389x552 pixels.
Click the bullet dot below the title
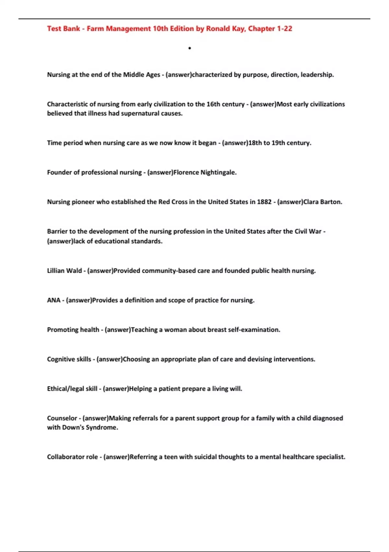190,48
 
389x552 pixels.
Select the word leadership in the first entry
317,75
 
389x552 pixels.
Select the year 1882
264,202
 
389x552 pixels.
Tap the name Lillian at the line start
56,271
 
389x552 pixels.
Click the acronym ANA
53,300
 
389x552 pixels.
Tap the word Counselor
62,418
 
